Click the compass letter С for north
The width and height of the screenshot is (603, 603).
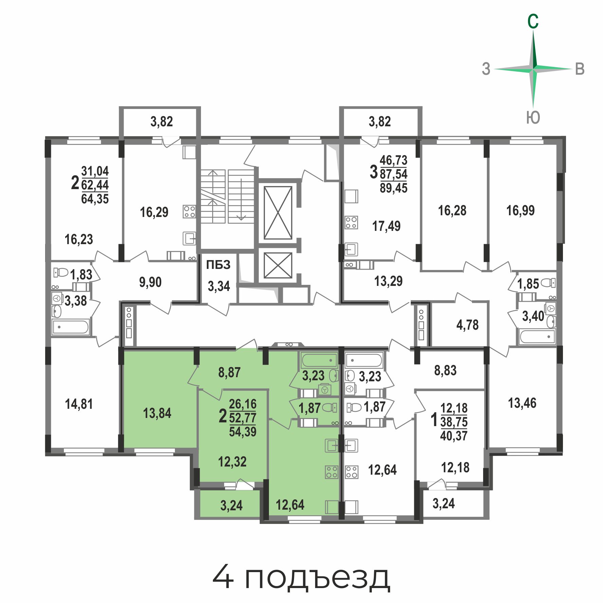tap(533, 21)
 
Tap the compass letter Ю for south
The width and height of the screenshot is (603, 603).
tap(533, 118)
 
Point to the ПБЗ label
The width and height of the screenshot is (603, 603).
tap(218, 264)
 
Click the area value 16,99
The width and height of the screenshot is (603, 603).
tap(520, 211)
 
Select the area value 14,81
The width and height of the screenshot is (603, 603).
tap(79, 404)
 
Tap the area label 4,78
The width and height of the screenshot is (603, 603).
tap(467, 325)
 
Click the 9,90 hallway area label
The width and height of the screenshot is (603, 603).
tap(150, 282)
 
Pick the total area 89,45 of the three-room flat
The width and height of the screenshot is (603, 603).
tap(394, 188)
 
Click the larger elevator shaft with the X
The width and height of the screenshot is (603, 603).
tap(278, 213)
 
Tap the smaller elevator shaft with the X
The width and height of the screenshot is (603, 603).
tap(278, 266)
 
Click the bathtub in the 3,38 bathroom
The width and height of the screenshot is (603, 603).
tap(71, 327)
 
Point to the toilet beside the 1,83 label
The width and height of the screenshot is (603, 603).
tap(61, 272)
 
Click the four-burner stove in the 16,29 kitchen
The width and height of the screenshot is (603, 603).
tap(189, 212)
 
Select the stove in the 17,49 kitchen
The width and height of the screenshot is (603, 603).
tap(351, 223)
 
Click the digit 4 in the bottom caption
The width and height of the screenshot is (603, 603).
tap(223, 576)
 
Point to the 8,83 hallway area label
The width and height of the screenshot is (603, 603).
tap(445, 370)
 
